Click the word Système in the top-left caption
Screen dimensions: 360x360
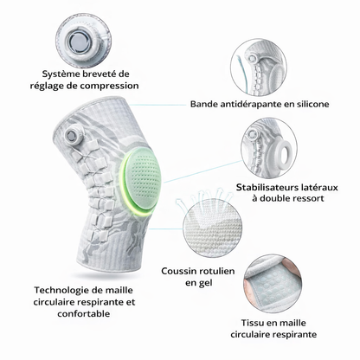[x=61, y=74]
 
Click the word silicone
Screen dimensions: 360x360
[x=312, y=104]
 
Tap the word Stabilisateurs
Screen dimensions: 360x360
[x=267, y=188]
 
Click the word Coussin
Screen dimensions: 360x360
[x=177, y=271]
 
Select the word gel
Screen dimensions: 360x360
[x=206, y=284]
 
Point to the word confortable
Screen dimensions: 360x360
[x=84, y=313]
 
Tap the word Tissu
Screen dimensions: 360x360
[x=253, y=323]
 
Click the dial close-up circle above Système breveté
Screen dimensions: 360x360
[x=83, y=40]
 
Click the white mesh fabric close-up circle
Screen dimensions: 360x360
[x=212, y=227]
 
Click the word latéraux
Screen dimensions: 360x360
[x=319, y=188]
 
